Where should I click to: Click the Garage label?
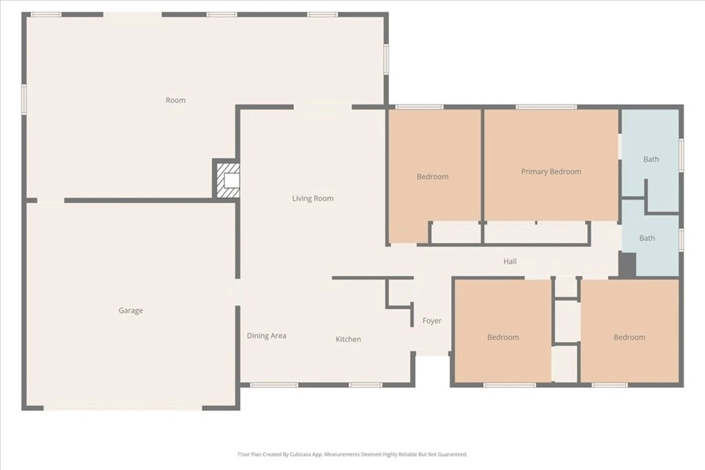click(x=131, y=310)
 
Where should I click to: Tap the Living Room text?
click(x=313, y=198)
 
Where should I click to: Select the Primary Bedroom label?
click(x=551, y=171)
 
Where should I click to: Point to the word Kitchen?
click(x=348, y=339)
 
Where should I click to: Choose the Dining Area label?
click(x=266, y=336)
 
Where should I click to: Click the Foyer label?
click(x=432, y=321)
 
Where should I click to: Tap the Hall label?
click(x=510, y=261)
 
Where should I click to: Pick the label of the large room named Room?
click(x=176, y=100)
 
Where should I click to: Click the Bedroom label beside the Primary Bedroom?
click(x=432, y=177)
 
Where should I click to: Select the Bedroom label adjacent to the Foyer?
click(x=503, y=337)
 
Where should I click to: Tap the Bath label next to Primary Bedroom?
click(x=651, y=159)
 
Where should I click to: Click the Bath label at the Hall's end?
click(x=647, y=238)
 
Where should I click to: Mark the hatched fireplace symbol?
click(x=228, y=180)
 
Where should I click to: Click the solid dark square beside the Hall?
click(x=627, y=265)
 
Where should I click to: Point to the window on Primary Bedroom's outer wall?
click(x=546, y=107)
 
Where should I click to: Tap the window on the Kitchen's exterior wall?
click(x=366, y=385)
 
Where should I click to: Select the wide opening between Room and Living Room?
click(x=323, y=107)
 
